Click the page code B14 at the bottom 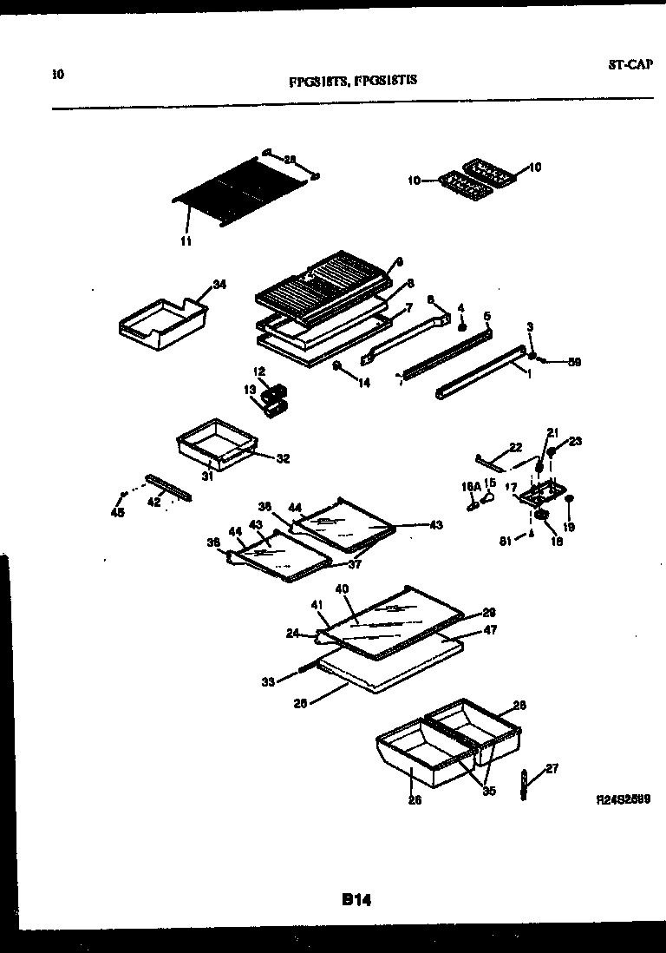(x=356, y=901)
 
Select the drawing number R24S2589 (x=624, y=798)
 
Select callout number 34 (x=219, y=285)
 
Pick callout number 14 (x=364, y=382)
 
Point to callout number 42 (x=153, y=502)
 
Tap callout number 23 (x=576, y=441)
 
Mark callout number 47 (x=490, y=631)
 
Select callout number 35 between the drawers (x=489, y=791)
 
